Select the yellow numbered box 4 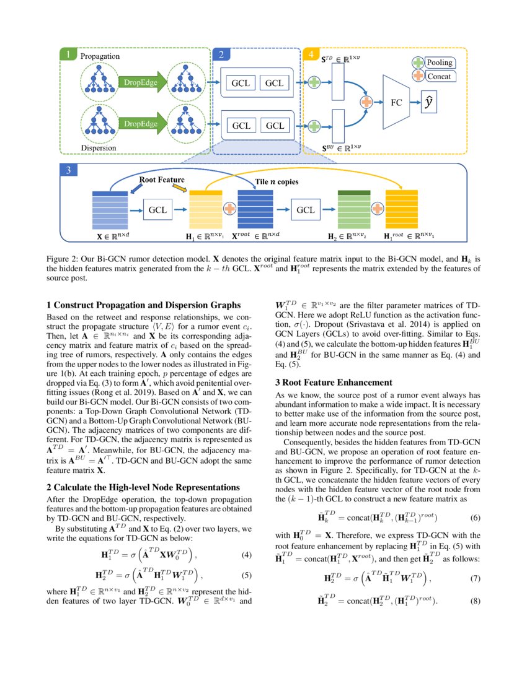click(x=310, y=55)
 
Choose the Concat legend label click(x=438, y=76)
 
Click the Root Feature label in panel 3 click(x=161, y=180)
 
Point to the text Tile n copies click(x=277, y=182)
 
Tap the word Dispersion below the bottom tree click(x=99, y=148)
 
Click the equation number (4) click(x=246, y=554)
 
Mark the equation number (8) click(x=476, y=601)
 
